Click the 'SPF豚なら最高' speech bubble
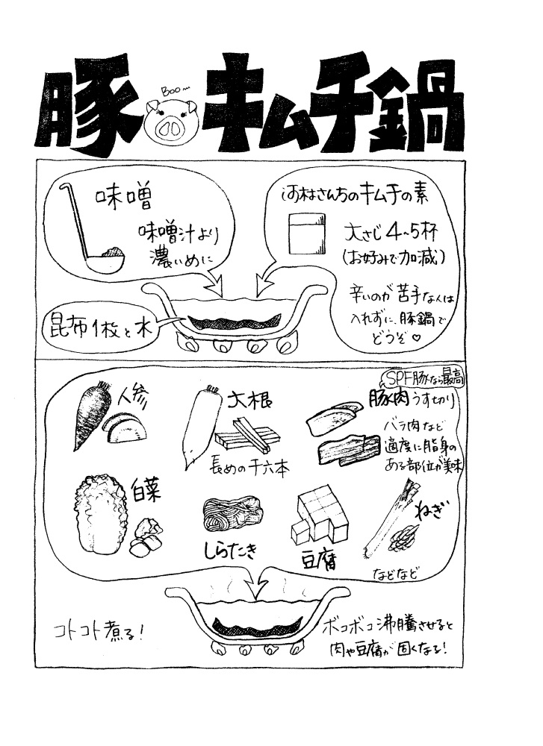(422, 378)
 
